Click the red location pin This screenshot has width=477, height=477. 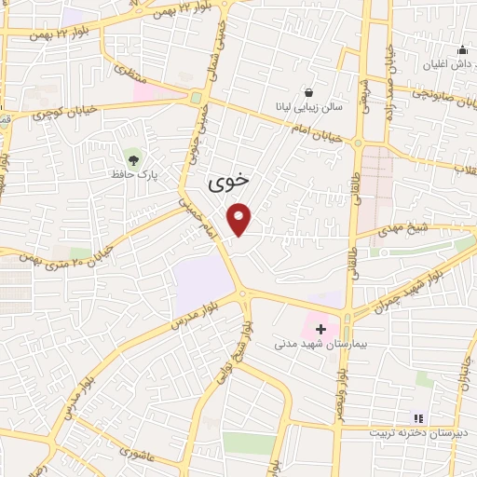tap(240, 218)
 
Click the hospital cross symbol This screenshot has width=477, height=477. tap(320, 329)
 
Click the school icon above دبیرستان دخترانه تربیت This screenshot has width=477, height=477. tap(418, 417)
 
